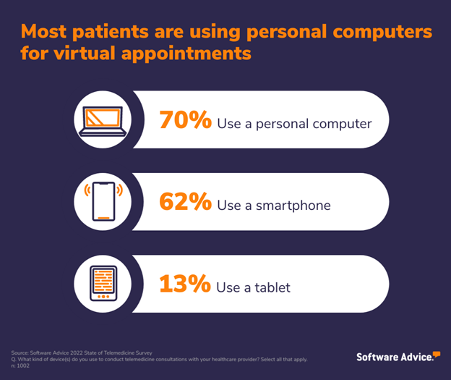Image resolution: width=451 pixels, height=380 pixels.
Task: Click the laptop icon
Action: click(x=104, y=121)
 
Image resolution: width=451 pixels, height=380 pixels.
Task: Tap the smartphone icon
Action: click(x=104, y=203)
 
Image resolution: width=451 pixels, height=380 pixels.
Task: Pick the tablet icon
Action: click(x=104, y=285)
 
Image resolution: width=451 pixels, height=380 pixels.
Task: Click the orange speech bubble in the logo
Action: click(x=436, y=354)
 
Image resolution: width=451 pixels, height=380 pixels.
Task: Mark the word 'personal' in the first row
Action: click(x=281, y=124)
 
